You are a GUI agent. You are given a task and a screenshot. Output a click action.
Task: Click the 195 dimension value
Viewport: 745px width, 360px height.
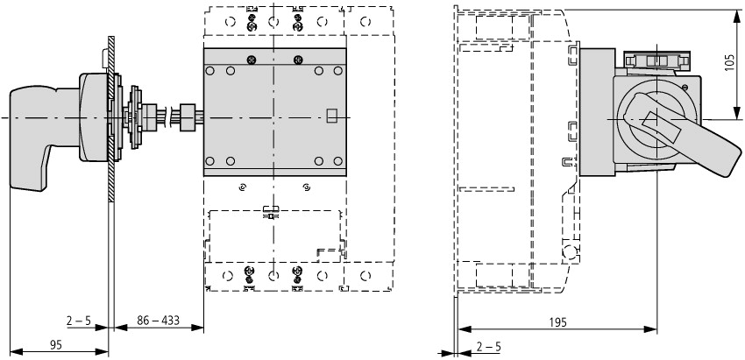point(557,322)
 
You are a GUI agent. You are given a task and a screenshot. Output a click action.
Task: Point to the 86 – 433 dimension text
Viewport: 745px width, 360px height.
point(159,321)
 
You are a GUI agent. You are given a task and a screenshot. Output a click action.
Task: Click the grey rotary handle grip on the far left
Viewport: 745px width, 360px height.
point(35,131)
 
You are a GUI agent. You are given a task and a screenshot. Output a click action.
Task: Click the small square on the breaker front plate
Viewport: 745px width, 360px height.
point(331,114)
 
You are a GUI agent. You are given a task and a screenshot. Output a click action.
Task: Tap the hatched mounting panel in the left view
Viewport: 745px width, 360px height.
point(111,175)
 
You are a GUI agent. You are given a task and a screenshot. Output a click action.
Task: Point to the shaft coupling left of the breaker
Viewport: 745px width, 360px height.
point(186,116)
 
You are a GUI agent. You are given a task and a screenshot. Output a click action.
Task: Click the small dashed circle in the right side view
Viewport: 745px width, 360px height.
point(570,254)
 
